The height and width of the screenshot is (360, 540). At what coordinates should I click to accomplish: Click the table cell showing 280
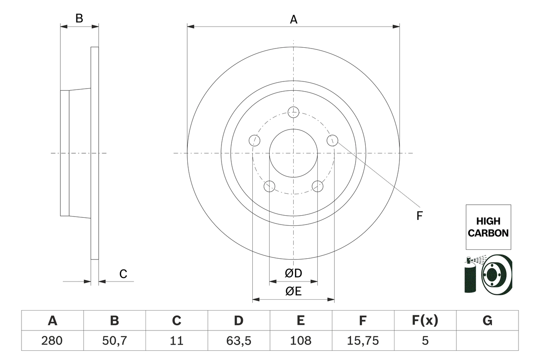52,340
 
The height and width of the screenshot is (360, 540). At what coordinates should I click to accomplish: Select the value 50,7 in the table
114,340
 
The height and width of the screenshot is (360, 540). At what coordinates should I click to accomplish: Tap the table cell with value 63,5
238,340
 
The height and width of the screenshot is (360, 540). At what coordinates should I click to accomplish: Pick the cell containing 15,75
363,340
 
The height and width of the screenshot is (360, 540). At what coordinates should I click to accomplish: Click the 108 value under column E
300,340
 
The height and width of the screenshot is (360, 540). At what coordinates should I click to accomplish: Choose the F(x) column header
425,321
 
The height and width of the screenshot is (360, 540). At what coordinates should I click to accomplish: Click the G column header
487,321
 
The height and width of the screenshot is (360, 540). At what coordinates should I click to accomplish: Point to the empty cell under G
487,340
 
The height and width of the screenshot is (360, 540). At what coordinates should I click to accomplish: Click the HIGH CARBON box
488,227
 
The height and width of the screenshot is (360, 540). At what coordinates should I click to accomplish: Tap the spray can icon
470,276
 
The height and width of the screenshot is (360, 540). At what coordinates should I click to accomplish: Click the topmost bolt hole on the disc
293,112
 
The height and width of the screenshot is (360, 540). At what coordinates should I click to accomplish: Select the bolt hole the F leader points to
332,140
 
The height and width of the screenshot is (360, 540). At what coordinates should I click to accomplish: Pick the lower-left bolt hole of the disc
269,186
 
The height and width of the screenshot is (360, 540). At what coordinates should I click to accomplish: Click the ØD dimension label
293,273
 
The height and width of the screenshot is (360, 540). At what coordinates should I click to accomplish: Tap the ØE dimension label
293,292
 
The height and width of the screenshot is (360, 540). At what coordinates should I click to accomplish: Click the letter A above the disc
293,19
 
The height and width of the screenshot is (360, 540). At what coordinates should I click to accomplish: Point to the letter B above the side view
79,19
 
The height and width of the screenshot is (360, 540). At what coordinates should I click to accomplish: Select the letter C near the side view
123,274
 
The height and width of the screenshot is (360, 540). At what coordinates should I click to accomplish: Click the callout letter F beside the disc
419,216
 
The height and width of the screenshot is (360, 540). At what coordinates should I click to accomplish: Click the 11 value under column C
176,340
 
